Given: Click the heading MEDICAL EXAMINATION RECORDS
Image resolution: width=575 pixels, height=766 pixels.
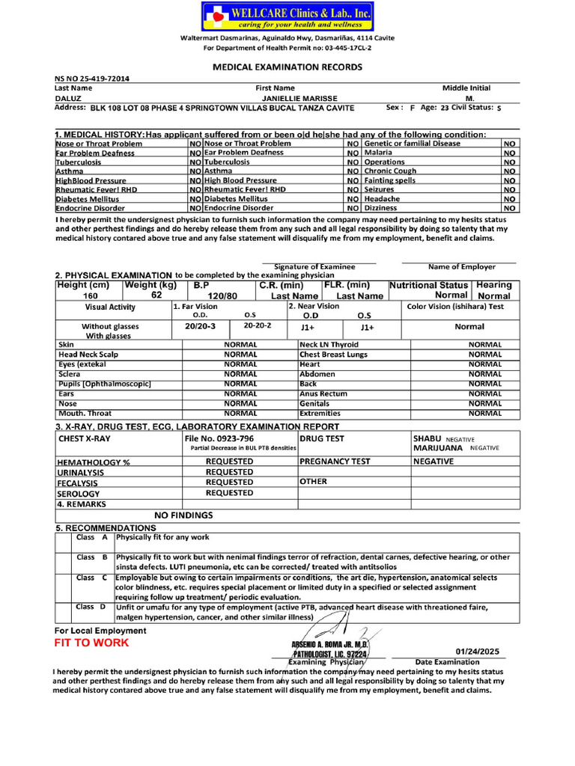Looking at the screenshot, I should tap(287, 67).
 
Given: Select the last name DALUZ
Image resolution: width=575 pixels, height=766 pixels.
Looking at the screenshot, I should tap(70, 98).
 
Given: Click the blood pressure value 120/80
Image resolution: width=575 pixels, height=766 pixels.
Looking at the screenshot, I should tap(222, 296).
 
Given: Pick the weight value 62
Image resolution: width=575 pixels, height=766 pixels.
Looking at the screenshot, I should tap(156, 295).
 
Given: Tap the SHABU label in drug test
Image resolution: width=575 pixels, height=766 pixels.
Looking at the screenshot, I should tap(428, 438).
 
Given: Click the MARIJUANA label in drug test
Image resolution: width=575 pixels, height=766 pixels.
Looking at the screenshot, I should tap(439, 448).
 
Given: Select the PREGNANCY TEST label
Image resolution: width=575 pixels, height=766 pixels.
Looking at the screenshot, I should tap(335, 462).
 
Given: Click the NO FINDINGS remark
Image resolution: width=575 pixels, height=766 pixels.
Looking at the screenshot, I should tap(183, 515).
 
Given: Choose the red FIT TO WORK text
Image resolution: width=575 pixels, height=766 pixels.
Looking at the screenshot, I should tap(91, 643).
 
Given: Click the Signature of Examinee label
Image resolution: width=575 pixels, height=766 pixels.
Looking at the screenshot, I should tap(314, 266).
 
